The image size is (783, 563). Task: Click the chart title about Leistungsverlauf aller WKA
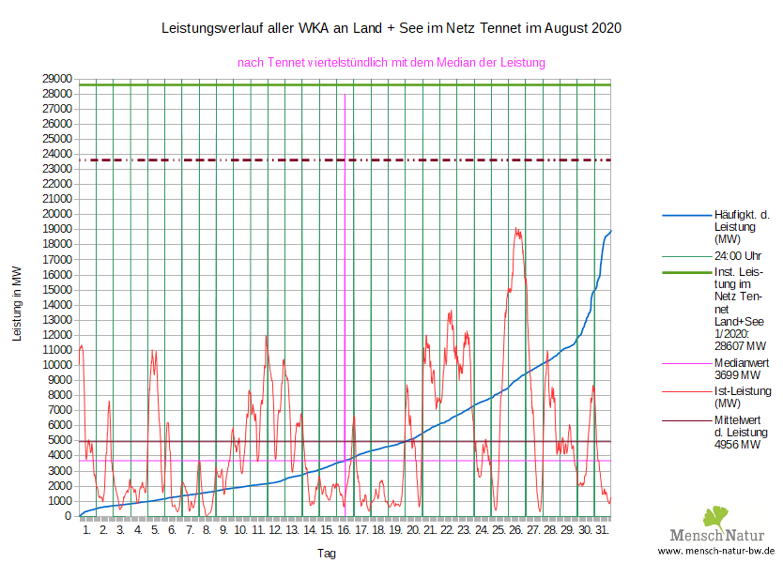click(391, 29)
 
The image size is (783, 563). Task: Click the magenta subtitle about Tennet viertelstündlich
click(391, 63)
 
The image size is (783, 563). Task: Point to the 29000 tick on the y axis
click(57, 79)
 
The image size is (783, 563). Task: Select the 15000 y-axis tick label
click(57, 289)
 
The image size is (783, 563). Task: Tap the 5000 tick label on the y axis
click(60, 440)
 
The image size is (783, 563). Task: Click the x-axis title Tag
click(326, 554)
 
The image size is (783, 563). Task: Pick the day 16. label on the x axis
click(345, 530)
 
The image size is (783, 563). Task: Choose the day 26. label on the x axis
click(515, 530)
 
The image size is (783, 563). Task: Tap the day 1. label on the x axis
click(87, 530)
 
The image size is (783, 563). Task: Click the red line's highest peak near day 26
click(516, 229)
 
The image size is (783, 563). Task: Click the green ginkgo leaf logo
click(716, 517)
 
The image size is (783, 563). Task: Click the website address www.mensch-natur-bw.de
click(716, 551)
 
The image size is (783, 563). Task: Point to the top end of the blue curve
click(610, 231)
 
